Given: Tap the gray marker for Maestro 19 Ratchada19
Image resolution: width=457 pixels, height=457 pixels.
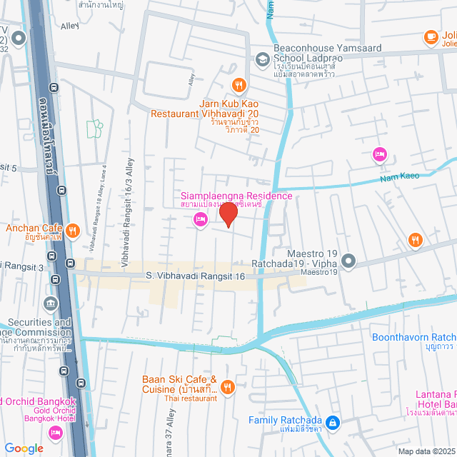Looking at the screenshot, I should pyautogui.click(x=348, y=261).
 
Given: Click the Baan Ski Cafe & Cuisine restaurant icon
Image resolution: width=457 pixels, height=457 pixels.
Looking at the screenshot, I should pyautogui.click(x=228, y=388).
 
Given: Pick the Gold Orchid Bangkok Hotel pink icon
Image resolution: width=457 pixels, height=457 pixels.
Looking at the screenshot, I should pyautogui.click(x=55, y=433).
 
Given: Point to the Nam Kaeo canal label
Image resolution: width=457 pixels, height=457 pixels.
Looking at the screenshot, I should pyautogui.click(x=397, y=177).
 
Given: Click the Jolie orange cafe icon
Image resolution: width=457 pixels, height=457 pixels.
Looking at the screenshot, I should pyautogui.click(x=431, y=36).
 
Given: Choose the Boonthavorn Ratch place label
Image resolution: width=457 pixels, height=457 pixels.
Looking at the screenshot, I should pyautogui.click(x=413, y=337).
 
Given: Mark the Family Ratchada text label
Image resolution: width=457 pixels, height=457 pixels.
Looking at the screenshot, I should pyautogui.click(x=285, y=421).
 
